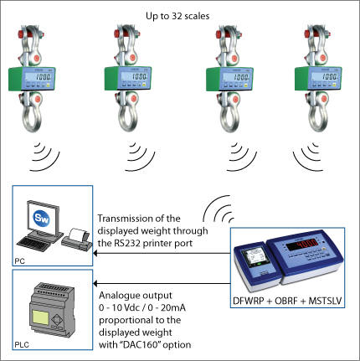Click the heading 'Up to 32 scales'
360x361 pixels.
(177, 16)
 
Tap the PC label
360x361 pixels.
(19, 261)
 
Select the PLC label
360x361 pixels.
(22, 345)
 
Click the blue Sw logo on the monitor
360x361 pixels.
(41, 218)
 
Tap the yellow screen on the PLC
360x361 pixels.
(40, 317)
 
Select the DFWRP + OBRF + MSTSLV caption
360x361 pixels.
(287, 301)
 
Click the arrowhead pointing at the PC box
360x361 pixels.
(95, 254)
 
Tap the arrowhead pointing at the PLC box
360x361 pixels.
(95, 284)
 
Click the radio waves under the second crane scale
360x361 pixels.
(140, 157)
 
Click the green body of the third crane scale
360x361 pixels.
(213, 80)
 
